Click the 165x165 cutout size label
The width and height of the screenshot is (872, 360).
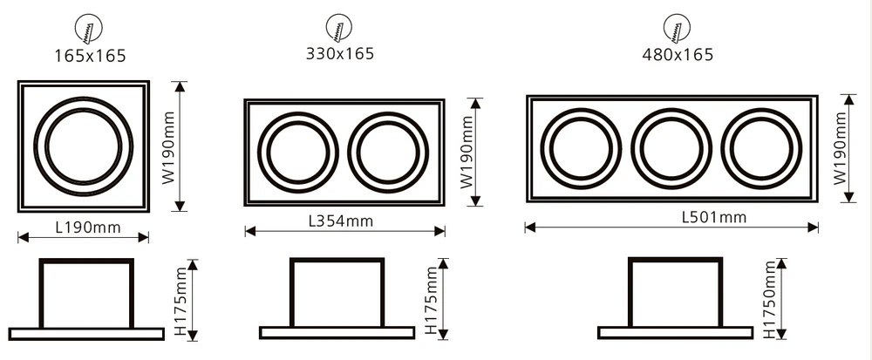90,56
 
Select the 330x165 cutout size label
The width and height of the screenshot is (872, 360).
339,53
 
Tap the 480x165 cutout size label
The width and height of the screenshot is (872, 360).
678,54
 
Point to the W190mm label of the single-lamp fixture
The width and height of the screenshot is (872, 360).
169,146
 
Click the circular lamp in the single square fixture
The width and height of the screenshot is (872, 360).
83,146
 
